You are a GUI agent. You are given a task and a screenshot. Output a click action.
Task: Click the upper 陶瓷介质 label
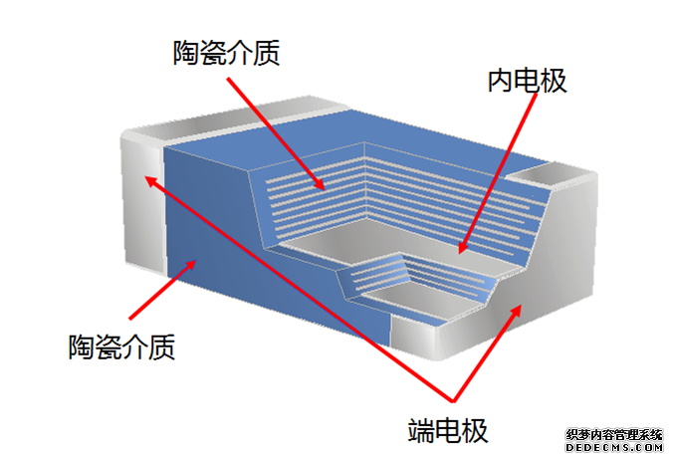pyautogui.click(x=226, y=53)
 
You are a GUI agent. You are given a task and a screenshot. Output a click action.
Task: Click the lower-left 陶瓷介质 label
pyautogui.click(x=122, y=347)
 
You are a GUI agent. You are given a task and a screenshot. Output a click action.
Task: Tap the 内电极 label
pyautogui.click(x=527, y=81)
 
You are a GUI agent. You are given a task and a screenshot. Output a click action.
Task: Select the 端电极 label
pyautogui.click(x=448, y=431)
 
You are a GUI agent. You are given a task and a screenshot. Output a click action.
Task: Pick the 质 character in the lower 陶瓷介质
pyautogui.click(x=163, y=347)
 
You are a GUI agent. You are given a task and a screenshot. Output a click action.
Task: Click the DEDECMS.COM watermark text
pyautogui.click(x=613, y=449)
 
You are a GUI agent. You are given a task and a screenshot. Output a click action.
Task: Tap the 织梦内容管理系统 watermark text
pyautogui.click(x=613, y=435)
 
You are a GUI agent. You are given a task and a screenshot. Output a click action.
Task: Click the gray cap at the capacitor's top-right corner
pyautogui.click(x=559, y=176)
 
